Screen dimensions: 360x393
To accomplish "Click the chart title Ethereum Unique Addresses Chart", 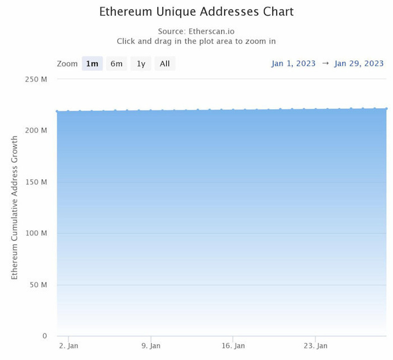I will click(x=196, y=11).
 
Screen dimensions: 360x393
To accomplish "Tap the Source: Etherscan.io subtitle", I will click(x=196, y=31).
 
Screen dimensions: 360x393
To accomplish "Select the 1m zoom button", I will click(x=92, y=63).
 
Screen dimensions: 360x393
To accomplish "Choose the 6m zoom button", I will click(x=116, y=63).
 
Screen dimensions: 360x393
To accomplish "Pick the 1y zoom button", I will click(x=141, y=63).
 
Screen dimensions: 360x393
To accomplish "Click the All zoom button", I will click(x=165, y=63).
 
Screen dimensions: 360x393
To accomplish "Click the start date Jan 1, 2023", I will click(x=294, y=63).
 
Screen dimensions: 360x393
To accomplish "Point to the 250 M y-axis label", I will click(x=36, y=79).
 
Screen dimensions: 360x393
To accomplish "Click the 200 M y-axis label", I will click(x=36, y=130).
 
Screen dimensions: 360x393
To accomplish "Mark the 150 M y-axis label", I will click(x=36, y=182).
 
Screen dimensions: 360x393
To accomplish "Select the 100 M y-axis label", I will click(x=36, y=233).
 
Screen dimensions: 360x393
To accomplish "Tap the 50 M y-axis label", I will click(x=38, y=285).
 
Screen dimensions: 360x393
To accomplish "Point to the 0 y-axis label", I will click(x=44, y=336).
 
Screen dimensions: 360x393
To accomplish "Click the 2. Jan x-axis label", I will click(x=69, y=346).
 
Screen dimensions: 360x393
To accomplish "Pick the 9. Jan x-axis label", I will click(x=151, y=346).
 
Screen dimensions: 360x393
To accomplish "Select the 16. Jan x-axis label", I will click(x=233, y=346).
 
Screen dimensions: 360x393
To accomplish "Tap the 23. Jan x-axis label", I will click(x=315, y=346).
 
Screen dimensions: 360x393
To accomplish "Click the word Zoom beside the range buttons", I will click(x=67, y=63).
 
